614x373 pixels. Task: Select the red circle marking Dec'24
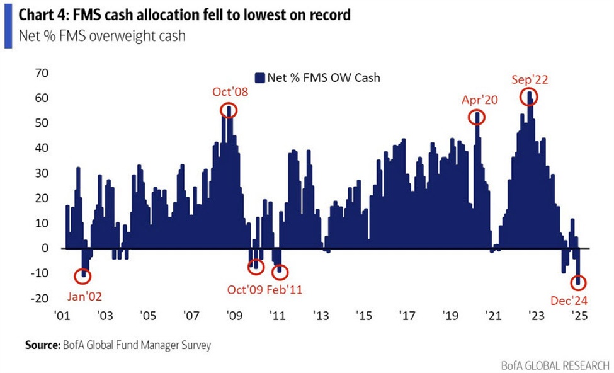pyautogui.click(x=578, y=284)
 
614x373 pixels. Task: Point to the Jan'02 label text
pyautogui.click(x=83, y=296)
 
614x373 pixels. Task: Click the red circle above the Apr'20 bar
pyautogui.click(x=477, y=117)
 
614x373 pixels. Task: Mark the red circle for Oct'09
pyautogui.click(x=255, y=266)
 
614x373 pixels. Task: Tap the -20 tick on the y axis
pyautogui.click(x=40, y=299)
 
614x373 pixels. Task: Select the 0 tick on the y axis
pyautogui.click(x=45, y=248)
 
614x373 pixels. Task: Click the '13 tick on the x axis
pyautogui.click(x=320, y=315)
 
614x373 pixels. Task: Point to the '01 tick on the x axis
pyautogui.click(x=62, y=315)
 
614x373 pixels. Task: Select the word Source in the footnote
pyautogui.click(x=42, y=345)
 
